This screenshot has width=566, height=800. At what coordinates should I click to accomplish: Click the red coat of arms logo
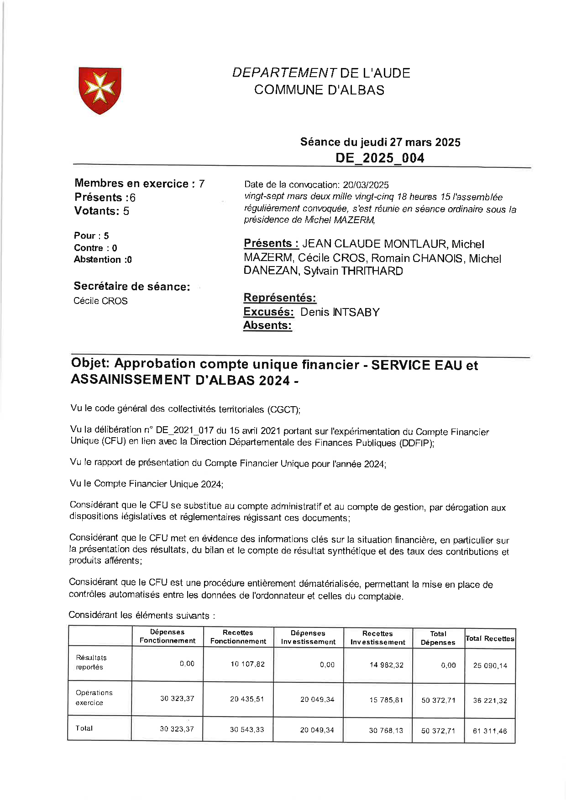click(x=100, y=90)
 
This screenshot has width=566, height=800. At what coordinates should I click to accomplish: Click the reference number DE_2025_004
click(x=380, y=158)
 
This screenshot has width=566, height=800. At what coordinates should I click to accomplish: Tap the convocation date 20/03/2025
click(x=366, y=185)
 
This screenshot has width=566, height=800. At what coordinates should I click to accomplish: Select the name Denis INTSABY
click(x=340, y=312)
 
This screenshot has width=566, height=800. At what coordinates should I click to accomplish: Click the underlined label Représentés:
click(x=280, y=298)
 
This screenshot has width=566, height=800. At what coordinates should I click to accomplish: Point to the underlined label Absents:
click(x=267, y=325)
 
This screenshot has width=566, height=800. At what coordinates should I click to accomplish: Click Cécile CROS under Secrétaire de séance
click(x=100, y=301)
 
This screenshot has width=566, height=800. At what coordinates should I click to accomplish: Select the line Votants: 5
click(x=102, y=211)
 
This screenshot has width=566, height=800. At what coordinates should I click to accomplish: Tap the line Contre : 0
click(x=95, y=248)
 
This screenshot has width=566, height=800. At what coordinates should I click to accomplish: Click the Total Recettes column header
click(x=490, y=638)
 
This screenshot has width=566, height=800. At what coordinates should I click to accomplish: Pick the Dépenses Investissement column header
click(x=308, y=637)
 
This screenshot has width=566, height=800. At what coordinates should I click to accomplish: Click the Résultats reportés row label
click(x=91, y=662)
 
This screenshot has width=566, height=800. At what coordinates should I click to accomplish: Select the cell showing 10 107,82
click(x=247, y=664)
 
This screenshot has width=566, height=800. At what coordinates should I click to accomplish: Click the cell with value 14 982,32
click(x=386, y=665)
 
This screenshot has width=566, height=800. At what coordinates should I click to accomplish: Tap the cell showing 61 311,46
click(x=490, y=731)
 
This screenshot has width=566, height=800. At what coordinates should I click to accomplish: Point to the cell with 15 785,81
click(x=386, y=700)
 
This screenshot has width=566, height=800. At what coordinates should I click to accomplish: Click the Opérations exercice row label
click(x=94, y=697)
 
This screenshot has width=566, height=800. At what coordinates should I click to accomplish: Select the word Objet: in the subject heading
click(x=90, y=363)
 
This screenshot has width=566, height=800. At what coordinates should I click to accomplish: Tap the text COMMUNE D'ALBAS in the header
click(x=319, y=90)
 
